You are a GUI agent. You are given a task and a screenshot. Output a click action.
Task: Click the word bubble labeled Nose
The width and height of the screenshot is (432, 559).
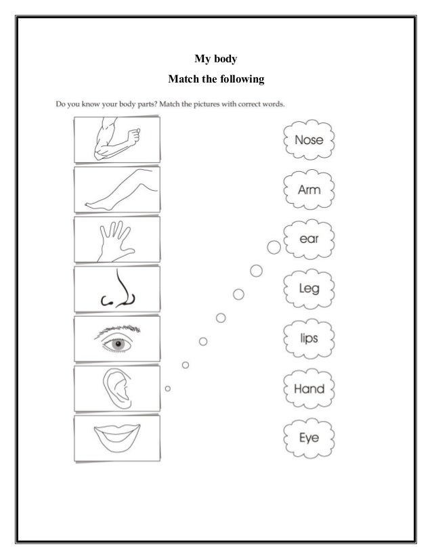309,141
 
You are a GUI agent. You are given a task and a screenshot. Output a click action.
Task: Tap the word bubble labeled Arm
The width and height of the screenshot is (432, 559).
309,190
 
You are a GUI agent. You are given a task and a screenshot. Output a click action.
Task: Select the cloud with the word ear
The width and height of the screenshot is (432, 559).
309,240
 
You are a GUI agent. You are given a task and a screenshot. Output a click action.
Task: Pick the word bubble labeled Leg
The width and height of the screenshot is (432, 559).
309,288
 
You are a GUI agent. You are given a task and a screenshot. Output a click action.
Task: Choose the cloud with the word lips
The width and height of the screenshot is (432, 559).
309,337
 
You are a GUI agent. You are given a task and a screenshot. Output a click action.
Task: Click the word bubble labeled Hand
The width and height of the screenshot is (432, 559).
309,388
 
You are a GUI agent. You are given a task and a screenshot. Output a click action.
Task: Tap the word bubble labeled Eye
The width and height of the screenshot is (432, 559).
309,437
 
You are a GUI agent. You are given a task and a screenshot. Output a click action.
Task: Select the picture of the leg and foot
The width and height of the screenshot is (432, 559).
116,189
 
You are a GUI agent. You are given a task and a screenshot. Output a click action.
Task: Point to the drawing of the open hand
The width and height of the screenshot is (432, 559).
116,239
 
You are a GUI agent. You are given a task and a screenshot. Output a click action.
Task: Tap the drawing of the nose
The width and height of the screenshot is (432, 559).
118,290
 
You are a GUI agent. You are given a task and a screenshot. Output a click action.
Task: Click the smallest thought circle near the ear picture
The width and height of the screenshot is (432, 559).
167,388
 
